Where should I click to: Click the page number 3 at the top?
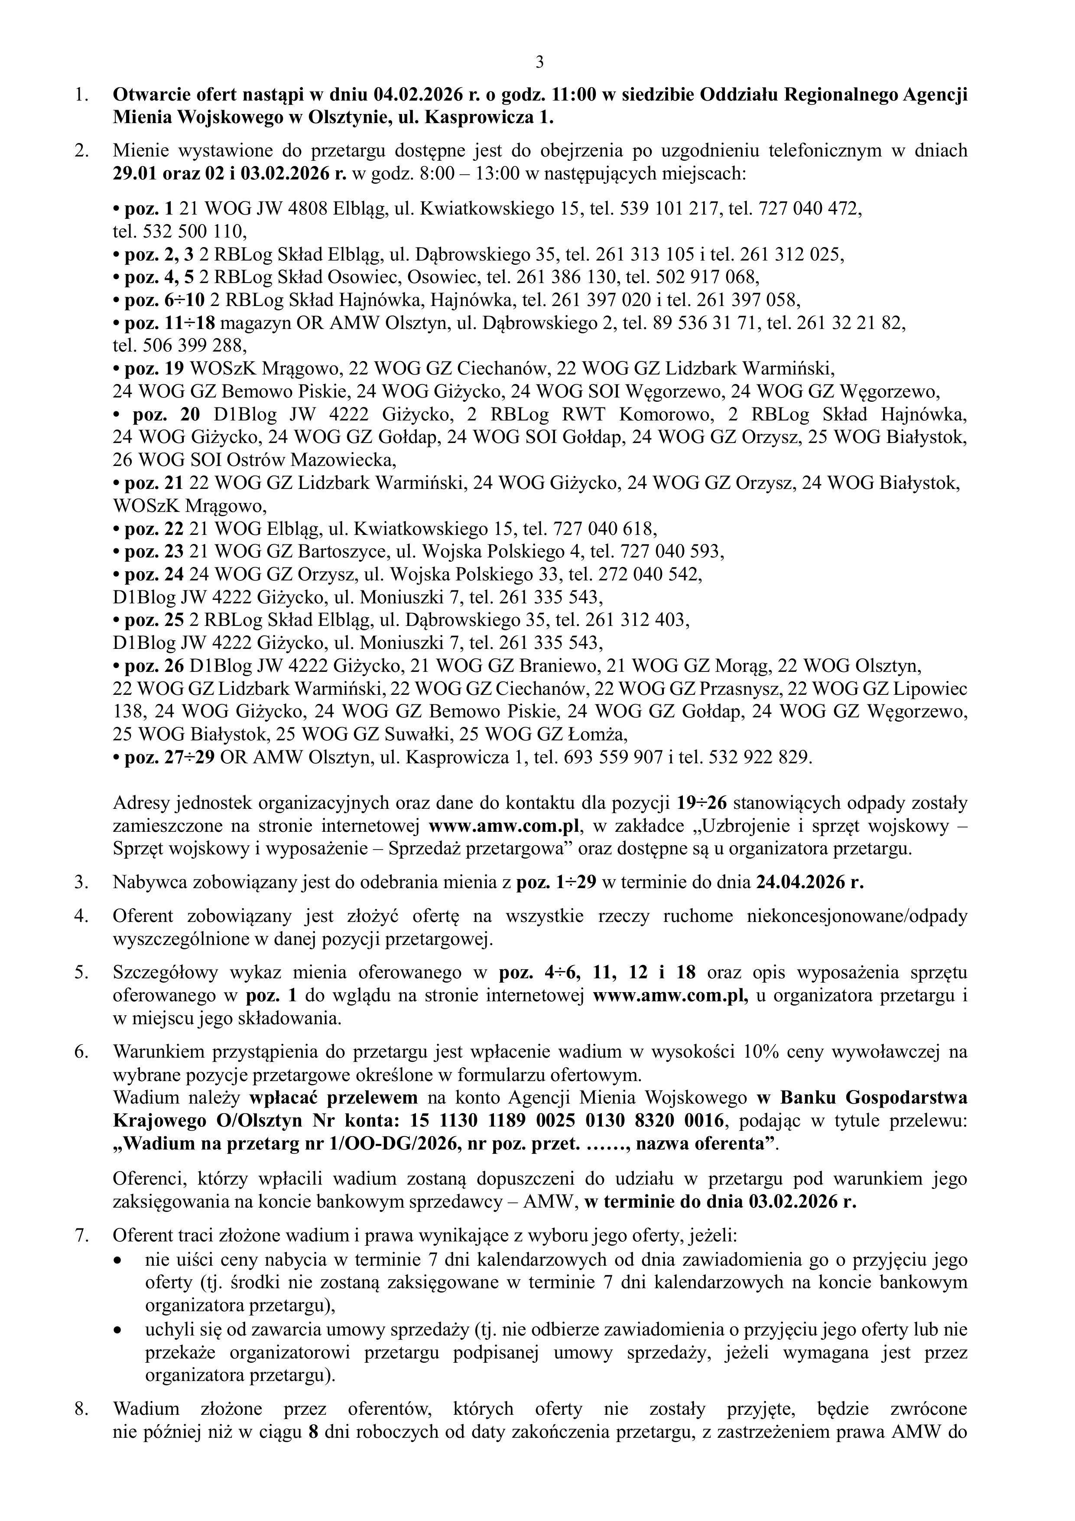(539, 62)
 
